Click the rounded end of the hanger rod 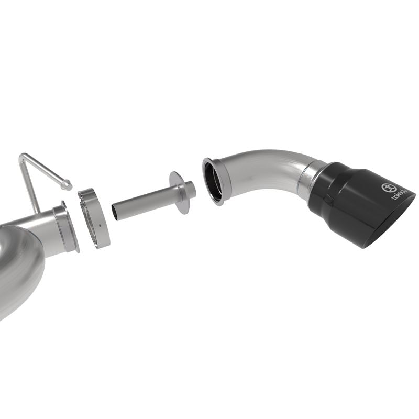click(x=67, y=184)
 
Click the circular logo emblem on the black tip click(x=387, y=188)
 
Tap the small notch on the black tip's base click(x=328, y=199)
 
